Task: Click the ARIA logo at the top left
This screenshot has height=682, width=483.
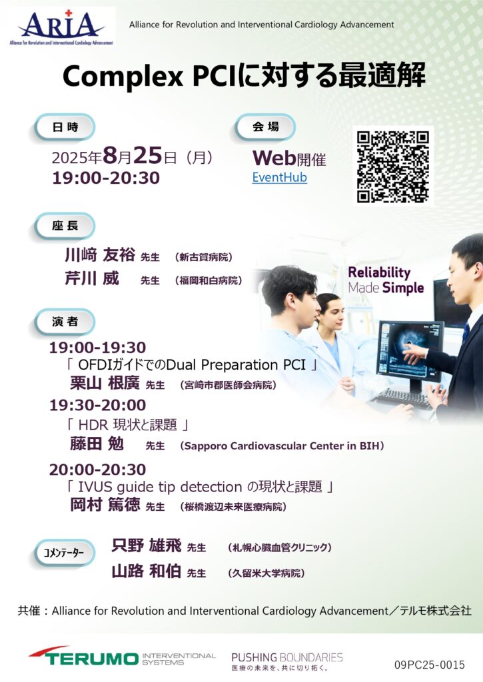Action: [x=61, y=27]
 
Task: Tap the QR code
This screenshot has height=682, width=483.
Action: [x=393, y=167]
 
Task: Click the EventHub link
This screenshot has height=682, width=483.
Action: [x=279, y=177]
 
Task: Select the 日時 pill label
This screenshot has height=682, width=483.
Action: [x=65, y=127]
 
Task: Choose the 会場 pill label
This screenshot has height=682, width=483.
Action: [x=265, y=127]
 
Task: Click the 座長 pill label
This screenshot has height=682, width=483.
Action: [x=65, y=225]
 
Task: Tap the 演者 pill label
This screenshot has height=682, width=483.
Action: [x=65, y=322]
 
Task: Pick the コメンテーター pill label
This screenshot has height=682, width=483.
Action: [x=65, y=553]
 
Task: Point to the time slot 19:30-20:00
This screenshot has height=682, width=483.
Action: [x=97, y=405]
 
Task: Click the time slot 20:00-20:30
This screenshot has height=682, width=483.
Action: [x=97, y=470]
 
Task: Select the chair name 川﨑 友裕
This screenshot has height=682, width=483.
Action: [x=100, y=255]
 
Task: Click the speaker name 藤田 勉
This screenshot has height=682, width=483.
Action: [x=97, y=444]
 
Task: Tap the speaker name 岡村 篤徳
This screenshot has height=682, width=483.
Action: [x=105, y=505]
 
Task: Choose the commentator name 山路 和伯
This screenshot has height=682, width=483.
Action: [x=146, y=571]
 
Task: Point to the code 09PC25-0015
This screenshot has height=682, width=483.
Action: [x=430, y=665]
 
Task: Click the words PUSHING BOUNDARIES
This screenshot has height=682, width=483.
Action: [x=287, y=657]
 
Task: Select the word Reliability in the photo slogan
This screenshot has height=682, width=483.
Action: [x=379, y=272]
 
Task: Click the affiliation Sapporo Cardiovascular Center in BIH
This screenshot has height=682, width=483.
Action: [x=282, y=446]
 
